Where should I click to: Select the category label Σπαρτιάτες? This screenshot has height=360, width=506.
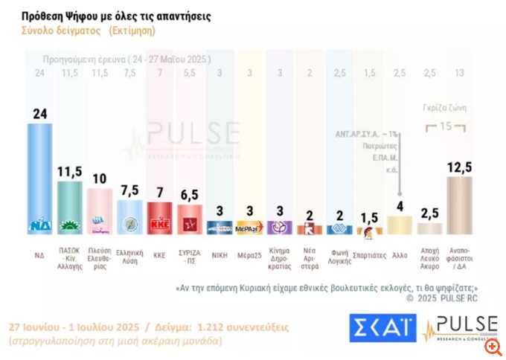tap(370, 253)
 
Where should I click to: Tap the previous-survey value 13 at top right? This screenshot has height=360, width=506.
tap(460, 72)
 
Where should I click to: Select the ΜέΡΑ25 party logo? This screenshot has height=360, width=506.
tap(249, 227)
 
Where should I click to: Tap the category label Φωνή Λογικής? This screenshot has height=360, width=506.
tap(339, 257)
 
